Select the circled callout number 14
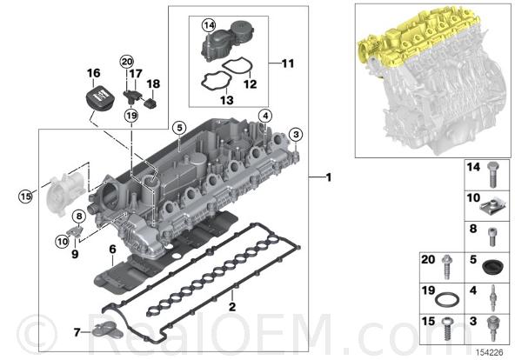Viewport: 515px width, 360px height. click(x=209, y=25)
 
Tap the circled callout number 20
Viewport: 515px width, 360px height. click(x=127, y=62)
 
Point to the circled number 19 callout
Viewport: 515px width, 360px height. click(x=131, y=115)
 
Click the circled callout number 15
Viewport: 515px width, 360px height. click(x=25, y=197)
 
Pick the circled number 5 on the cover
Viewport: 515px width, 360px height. click(x=179, y=128)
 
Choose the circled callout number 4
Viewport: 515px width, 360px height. click(x=265, y=116)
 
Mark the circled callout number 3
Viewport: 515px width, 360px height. click(x=296, y=134)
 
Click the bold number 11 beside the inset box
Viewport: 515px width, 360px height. click(x=288, y=63)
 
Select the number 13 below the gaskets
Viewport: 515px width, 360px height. click(x=227, y=100)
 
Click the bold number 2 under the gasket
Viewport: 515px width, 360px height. click(x=232, y=307)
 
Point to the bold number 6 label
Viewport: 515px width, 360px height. click(x=113, y=250)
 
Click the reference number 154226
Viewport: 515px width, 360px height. click(x=490, y=353)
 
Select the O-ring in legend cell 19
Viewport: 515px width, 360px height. click(x=447, y=300)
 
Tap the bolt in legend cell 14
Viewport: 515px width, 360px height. click(x=492, y=174)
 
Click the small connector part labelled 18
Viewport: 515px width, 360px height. click(x=150, y=103)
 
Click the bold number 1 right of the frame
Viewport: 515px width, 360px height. click(x=329, y=177)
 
